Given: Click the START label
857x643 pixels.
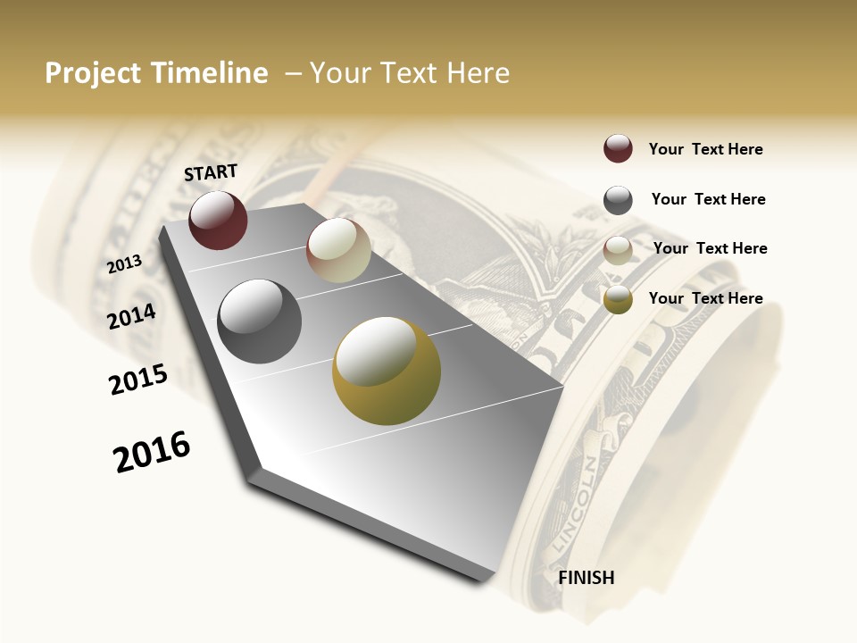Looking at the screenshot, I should (211, 172).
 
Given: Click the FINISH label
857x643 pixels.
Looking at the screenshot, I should (587, 578).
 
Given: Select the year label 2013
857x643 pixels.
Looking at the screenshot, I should (125, 264).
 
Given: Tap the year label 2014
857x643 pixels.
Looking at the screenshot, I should (132, 316).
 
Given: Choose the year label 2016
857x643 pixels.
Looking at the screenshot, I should (152, 452).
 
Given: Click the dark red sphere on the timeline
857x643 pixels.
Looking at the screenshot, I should (218, 220).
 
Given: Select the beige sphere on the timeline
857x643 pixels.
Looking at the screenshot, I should (338, 250).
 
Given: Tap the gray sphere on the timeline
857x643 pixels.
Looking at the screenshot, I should (259, 321).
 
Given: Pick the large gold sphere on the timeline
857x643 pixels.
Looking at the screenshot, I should (387, 371).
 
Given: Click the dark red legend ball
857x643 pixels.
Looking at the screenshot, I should (618, 149).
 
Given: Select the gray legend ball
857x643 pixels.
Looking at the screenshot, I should (618, 200).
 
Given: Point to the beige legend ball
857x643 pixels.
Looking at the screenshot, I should (618, 250).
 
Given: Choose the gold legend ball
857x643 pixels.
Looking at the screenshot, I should (618, 300).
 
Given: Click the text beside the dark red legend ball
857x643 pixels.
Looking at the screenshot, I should (705, 150).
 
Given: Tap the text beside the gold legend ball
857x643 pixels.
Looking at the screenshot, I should (705, 298).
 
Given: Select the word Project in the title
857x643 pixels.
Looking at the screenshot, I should (93, 73).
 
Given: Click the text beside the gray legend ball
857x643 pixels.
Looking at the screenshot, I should (708, 199).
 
